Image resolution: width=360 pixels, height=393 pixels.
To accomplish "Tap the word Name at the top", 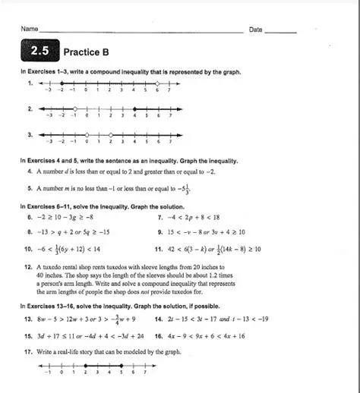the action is coord(30,29).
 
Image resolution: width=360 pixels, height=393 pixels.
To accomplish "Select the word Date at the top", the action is coord(255,30).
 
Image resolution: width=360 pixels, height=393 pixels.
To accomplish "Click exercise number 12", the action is coord(29,268).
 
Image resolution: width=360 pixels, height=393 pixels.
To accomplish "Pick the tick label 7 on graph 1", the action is coord(169,90).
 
